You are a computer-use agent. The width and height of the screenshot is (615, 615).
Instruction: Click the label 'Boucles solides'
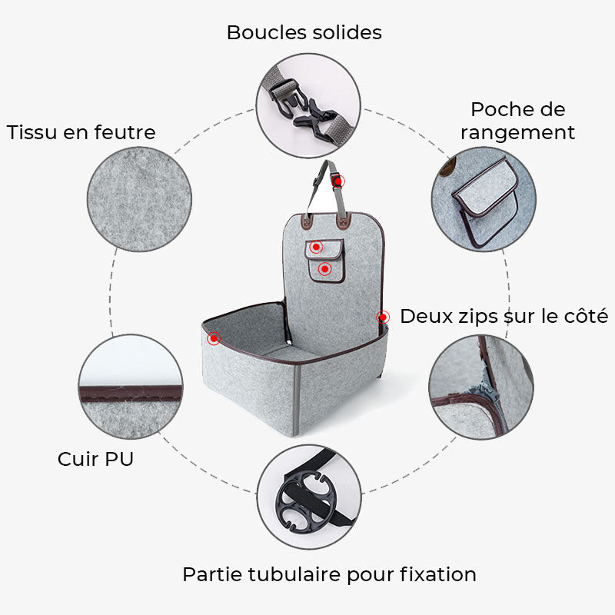tap(304, 33)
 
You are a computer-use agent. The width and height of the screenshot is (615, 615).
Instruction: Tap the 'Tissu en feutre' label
tap(81, 132)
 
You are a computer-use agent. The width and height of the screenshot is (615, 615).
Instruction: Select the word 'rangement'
tap(517, 133)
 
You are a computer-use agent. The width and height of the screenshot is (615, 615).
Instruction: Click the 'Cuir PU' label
tap(95, 460)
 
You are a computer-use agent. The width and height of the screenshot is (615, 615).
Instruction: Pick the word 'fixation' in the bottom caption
tap(437, 574)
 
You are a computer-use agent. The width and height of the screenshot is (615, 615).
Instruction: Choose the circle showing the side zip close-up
tap(480, 387)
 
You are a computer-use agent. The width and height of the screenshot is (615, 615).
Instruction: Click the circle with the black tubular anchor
tap(307, 497)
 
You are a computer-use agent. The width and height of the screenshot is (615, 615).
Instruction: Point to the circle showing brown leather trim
tap(131, 386)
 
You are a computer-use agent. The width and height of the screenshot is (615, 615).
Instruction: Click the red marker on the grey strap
tap(338, 181)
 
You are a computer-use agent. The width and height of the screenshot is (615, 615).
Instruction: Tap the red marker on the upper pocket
tap(316, 248)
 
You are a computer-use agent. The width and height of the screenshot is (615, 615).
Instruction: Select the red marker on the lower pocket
tap(324, 268)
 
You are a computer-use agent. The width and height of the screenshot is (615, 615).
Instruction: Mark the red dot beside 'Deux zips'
tap(382, 316)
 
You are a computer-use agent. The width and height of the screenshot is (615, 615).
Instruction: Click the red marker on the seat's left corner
tap(214, 337)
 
